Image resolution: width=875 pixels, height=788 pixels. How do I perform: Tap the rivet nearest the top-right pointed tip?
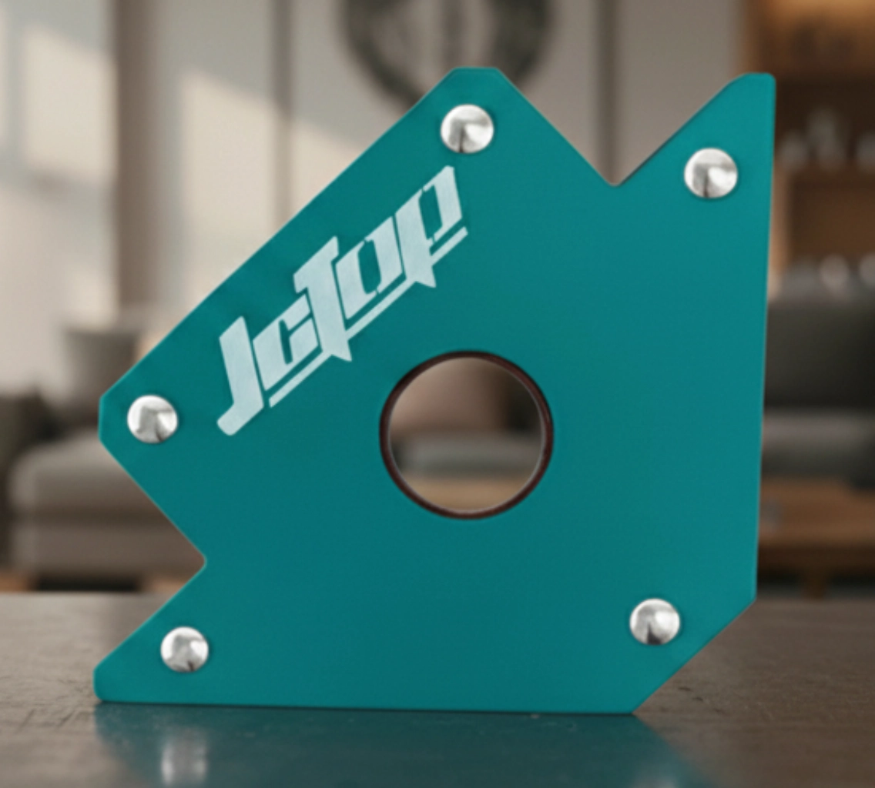(x=710, y=173)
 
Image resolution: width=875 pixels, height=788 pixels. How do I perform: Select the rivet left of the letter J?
(x=153, y=419)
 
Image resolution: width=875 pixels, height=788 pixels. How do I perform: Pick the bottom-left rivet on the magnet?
(x=185, y=649)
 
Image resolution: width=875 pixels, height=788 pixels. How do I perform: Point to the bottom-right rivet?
(x=655, y=622)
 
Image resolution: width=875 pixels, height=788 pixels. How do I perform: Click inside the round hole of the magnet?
(x=466, y=435)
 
